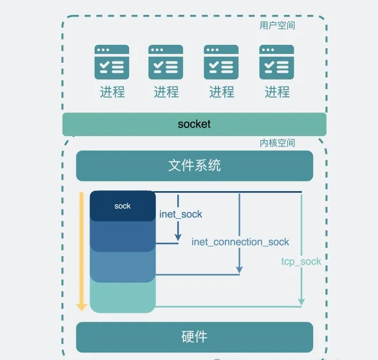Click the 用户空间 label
(277, 26)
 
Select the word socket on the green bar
(194, 123)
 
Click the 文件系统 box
(194, 166)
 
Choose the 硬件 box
(194, 336)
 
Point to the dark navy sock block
(123, 206)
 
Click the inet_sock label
(181, 214)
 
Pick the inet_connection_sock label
(240, 242)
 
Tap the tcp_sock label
(301, 261)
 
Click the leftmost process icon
(112, 62)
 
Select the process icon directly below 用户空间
(277, 62)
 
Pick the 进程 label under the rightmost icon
(277, 92)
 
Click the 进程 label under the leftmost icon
(112, 92)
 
